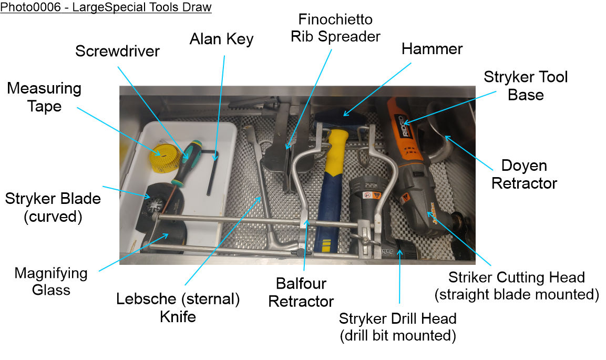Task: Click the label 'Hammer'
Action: click(432, 49)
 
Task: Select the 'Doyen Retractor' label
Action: click(524, 174)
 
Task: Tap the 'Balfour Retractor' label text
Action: click(301, 292)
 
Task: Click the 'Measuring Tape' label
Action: click(44, 97)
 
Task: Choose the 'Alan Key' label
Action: click(222, 38)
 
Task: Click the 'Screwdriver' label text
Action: click(117, 52)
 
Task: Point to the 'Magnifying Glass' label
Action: click(51, 281)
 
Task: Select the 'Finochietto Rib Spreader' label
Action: click(335, 28)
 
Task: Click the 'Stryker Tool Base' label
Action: click(525, 86)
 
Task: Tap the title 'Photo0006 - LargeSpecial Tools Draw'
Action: click(106, 7)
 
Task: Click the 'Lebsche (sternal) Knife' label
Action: click(178, 307)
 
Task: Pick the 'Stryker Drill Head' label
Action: click(397, 326)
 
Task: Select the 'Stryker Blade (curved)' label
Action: click(53, 208)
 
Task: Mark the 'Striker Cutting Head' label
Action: click(517, 285)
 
